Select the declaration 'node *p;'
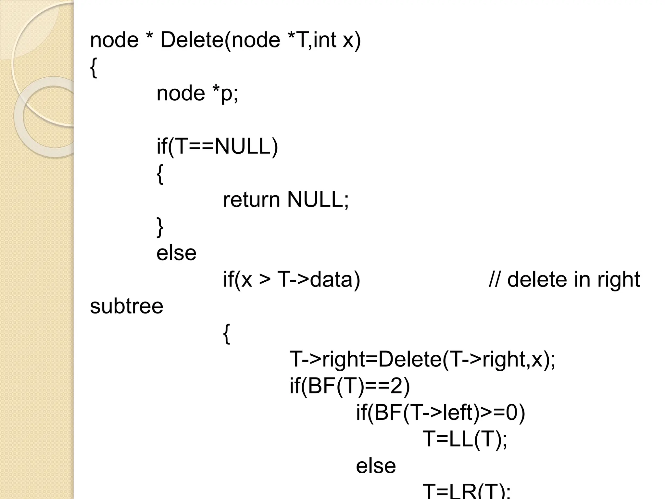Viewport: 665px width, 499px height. point(197,94)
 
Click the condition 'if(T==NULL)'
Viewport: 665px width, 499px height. point(217,147)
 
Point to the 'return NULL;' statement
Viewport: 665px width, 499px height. point(285,200)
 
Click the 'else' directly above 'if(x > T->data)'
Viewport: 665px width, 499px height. point(176,253)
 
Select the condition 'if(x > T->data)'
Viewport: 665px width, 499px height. point(291,280)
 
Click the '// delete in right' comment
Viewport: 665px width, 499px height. point(564,280)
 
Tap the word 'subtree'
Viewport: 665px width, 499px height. point(126,306)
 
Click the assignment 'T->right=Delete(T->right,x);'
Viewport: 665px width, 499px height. point(422,360)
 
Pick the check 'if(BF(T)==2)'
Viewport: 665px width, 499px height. point(350,386)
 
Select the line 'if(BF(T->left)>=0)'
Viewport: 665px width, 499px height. point(440,413)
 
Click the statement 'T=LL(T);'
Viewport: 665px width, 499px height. point(465,439)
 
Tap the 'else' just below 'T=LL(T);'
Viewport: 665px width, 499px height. point(376,466)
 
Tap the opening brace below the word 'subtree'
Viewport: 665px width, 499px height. point(226,334)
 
